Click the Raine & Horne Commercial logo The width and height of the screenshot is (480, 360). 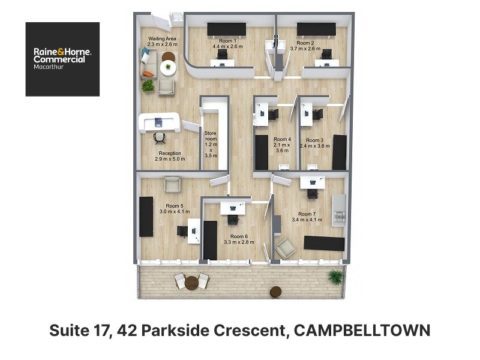click(62, 59)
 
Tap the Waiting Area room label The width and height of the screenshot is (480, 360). click(162, 38)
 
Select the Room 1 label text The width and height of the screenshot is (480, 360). click(227, 41)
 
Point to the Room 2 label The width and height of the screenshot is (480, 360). click(305, 43)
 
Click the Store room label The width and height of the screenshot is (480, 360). click(211, 136)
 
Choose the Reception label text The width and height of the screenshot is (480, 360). click(170, 153)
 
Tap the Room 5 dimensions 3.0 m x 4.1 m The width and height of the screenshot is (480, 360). click(175, 212)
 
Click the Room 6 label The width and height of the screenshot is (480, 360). click(239, 236)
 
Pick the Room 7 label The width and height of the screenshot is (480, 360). click(307, 214)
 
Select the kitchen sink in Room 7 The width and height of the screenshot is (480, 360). click(339, 217)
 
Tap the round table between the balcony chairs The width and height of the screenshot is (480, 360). click(191, 283)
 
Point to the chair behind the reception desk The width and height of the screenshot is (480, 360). click(159, 138)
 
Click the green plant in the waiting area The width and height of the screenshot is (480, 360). click(148, 85)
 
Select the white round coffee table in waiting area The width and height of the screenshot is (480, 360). click(168, 68)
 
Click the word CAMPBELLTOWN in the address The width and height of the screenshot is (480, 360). click(362, 331)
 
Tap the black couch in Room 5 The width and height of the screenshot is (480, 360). click(146, 217)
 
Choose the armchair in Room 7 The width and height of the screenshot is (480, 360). click(285, 248)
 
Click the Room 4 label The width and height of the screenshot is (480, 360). click(282, 139)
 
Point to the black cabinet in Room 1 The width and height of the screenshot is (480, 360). click(227, 29)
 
